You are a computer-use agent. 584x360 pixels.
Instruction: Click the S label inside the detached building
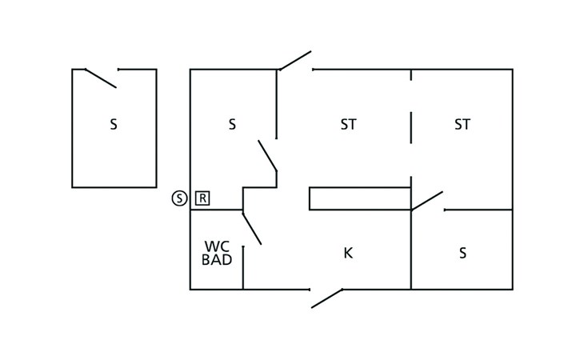coord(114,125)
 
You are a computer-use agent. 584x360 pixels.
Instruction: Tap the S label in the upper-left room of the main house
coord(232,125)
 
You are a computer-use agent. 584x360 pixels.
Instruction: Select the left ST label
coord(348,125)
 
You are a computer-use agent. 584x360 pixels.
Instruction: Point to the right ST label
coord(462,125)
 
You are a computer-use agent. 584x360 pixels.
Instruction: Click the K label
coord(348,254)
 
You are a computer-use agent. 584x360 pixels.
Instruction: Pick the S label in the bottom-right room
coord(462,254)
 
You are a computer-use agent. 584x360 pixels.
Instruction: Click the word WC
coord(218,246)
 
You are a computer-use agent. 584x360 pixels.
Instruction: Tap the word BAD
coord(218,260)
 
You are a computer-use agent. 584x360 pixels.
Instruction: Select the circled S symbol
coord(179,198)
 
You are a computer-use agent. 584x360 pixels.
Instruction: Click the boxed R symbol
coord(202,198)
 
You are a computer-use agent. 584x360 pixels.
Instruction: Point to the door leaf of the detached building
coord(101,78)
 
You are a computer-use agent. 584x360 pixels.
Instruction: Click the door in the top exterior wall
coord(294,61)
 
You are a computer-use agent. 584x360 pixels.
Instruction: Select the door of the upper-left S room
coord(267,156)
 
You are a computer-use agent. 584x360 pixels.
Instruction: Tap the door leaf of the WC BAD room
coord(252,227)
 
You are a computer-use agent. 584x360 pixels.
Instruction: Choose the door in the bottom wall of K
coord(326,298)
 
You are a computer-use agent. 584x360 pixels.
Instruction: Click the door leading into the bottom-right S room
coord(427,201)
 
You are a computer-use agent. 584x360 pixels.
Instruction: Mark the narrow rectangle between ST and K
coord(360,198)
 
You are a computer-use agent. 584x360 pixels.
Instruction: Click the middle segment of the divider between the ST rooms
coord(411,126)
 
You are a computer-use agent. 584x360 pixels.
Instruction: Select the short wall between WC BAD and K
coord(243,267)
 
